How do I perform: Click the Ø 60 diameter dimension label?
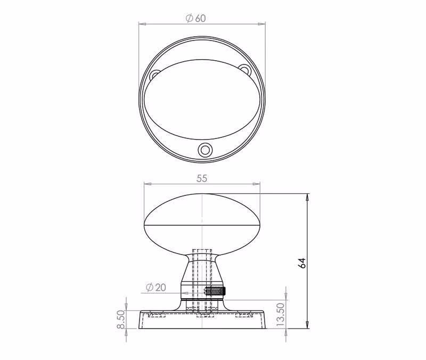tap(195, 18)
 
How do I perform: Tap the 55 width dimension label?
tap(202, 178)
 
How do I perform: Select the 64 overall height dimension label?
tap(302, 263)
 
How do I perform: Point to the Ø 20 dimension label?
tap(155, 287)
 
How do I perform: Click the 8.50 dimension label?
tap(121, 320)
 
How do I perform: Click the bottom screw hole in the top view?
tap(204, 150)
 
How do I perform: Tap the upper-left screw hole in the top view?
tap(155, 75)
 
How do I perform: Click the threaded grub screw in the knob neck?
tap(215, 292)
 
